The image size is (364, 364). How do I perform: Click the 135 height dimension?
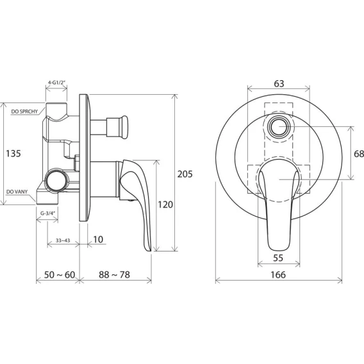tap(13, 153)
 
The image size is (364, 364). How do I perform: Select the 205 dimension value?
tap(185, 174)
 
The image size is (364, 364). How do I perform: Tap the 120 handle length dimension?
tap(165, 204)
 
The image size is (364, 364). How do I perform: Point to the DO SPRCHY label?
tap(24, 112)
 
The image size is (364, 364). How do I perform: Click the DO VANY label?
tap(17, 192)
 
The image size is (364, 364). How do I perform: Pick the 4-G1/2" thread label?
tap(57, 82)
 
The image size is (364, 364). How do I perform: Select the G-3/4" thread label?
tap(48, 213)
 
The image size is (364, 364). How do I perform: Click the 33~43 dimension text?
tap(63, 240)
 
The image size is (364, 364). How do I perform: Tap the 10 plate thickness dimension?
tap(98, 239)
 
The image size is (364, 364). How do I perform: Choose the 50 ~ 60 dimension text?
tap(60, 275)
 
